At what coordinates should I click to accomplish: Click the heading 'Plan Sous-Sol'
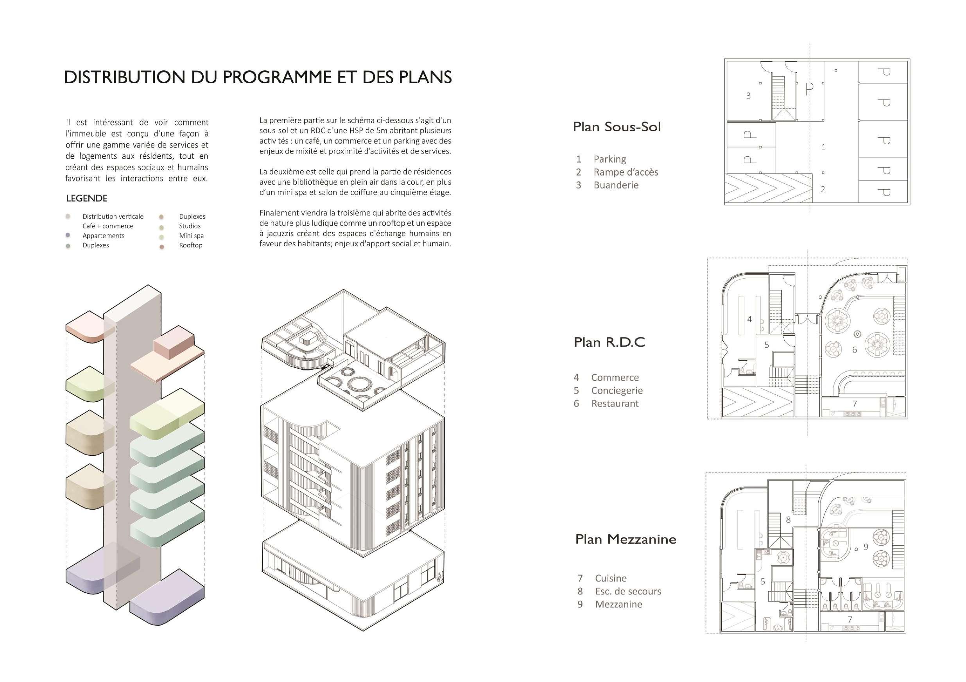617,127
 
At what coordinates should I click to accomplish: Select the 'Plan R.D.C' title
609,342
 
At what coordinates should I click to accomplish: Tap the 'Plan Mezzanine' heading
625,539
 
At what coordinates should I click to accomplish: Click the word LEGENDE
87,198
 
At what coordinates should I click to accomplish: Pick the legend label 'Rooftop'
191,245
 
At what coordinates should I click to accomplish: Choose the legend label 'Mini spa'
192,236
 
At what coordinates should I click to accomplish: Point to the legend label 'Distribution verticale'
113,217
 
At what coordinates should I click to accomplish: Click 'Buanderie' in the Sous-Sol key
616,185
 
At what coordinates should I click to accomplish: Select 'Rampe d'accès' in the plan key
625,172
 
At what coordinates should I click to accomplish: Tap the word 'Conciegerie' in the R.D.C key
617,390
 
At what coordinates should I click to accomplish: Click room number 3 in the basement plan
749,96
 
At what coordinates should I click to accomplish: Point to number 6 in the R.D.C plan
855,350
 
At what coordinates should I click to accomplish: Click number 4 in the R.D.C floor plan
749,319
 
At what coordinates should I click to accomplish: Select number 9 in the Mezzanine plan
866,546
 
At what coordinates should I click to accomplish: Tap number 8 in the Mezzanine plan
789,520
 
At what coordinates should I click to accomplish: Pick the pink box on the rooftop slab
173,345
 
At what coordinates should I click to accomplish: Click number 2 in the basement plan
823,190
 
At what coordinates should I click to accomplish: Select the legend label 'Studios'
190,226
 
